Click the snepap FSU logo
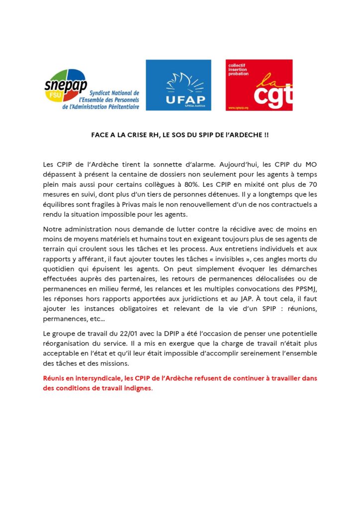tap(92, 90)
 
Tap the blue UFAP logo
tap(178, 85)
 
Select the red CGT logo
tap(259, 85)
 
